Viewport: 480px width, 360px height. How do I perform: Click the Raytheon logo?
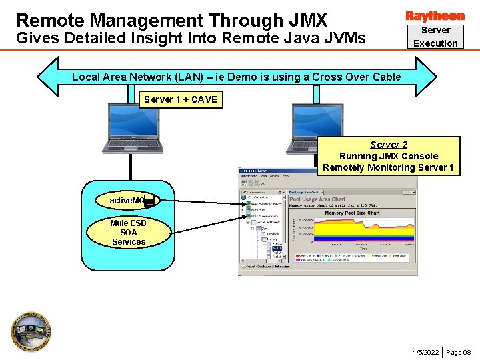point(435,16)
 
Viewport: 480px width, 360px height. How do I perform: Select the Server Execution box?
point(435,37)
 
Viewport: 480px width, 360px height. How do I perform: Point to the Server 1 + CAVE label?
point(181,99)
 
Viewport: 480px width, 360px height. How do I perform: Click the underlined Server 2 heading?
point(389,145)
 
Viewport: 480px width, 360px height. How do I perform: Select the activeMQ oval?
point(128,199)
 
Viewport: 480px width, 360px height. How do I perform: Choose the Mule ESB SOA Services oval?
point(129,232)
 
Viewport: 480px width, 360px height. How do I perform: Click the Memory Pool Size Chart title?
point(352,213)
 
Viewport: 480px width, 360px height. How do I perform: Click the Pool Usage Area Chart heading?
point(317,199)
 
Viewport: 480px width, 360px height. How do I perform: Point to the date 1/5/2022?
point(425,351)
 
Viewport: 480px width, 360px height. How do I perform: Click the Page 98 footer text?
point(459,351)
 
